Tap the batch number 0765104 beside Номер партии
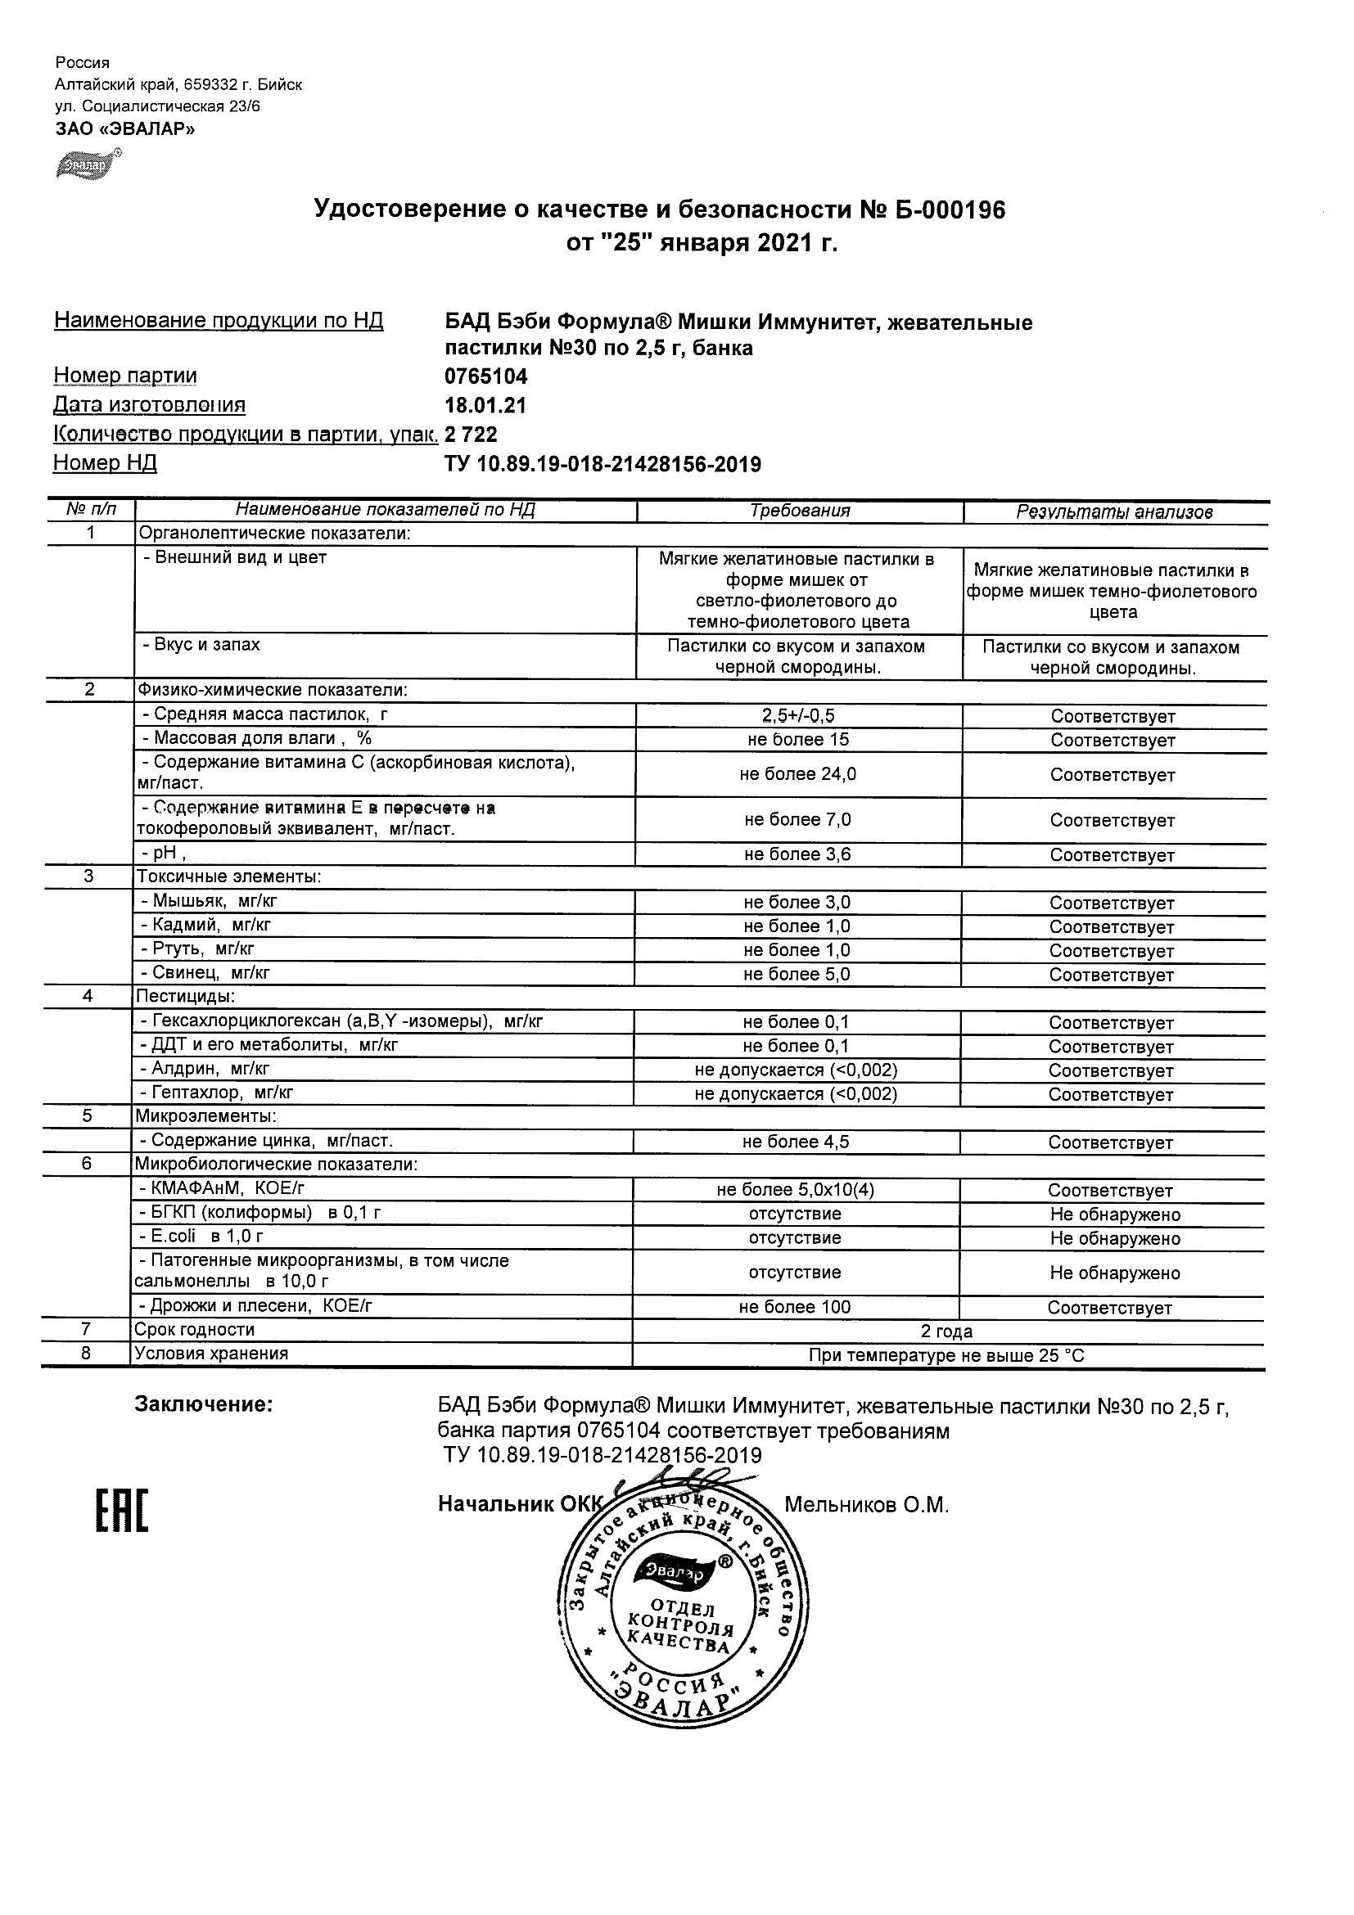coord(486,376)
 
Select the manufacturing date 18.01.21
coord(485,405)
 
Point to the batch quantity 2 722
coord(472,435)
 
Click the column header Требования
coord(799,511)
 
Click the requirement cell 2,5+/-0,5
coord(798,715)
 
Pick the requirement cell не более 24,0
coord(797,774)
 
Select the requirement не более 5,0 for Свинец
coord(797,974)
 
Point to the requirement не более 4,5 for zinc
coord(795,1142)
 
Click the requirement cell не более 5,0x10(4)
coord(795,1190)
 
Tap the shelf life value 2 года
coord(946,1331)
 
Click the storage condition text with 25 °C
coord(946,1355)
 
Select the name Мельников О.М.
coord(866,1505)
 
